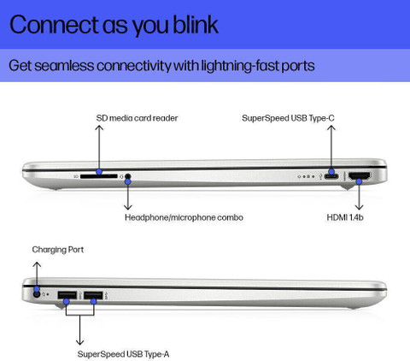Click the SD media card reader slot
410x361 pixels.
tap(99, 176)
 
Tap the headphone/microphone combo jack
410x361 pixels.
tap(128, 176)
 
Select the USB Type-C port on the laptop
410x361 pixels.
tap(331, 176)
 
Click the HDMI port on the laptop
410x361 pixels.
tap(360, 175)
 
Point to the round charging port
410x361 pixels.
tap(37, 294)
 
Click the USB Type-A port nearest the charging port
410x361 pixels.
tap(67, 295)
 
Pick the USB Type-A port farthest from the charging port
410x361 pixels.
tap(93, 295)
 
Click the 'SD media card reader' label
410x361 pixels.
tap(137, 118)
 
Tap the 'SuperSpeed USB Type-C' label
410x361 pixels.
tap(288, 118)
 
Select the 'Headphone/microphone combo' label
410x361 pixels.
tap(184, 217)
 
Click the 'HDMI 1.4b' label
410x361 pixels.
tap(345, 217)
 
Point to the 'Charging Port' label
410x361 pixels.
tap(58, 250)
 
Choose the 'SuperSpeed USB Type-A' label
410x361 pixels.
tap(123, 354)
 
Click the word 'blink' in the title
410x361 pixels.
tap(196, 25)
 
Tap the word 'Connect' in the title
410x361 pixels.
tap(54, 25)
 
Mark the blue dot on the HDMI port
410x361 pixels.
tap(360, 181)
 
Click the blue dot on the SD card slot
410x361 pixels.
tap(99, 172)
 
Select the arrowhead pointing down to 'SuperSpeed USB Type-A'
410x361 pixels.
tap(79, 341)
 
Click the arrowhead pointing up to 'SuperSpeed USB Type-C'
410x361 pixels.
tap(331, 128)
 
